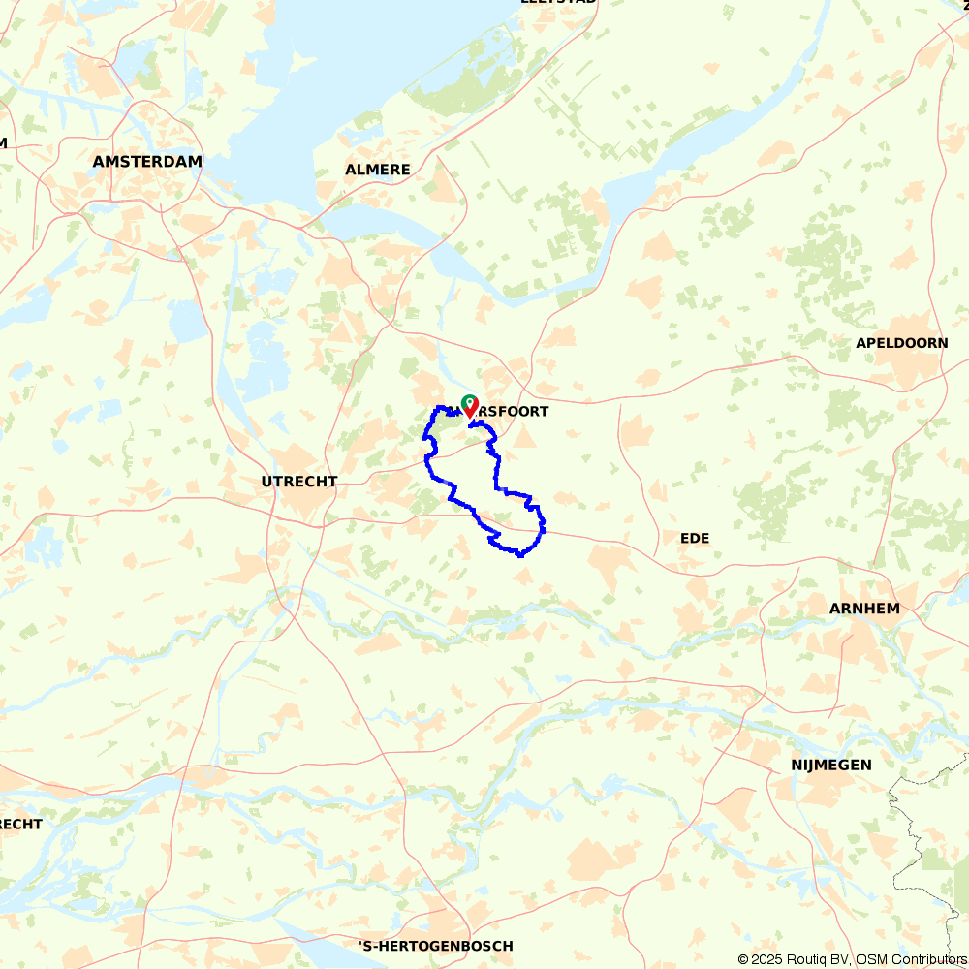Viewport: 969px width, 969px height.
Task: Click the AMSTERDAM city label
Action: tap(147, 162)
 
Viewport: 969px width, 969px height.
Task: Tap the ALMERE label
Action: tap(378, 170)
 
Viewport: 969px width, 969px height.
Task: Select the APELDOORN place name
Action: tap(901, 343)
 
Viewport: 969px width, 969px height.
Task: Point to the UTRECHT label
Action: tap(299, 481)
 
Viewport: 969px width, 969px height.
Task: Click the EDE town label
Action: tap(695, 537)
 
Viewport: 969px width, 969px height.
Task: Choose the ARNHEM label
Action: tap(864, 609)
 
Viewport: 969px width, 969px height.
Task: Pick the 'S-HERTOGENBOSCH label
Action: tap(435, 946)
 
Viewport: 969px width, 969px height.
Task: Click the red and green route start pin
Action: tap(469, 406)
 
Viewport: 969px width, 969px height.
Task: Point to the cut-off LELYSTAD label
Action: tap(558, 2)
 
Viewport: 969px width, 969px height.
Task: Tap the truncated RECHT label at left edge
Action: tap(20, 824)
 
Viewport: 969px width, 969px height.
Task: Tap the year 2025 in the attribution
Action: tap(766, 959)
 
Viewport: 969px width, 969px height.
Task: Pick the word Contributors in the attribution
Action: tap(926, 959)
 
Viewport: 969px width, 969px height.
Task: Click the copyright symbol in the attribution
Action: tap(743, 959)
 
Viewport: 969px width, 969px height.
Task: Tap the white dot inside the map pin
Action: tap(469, 401)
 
